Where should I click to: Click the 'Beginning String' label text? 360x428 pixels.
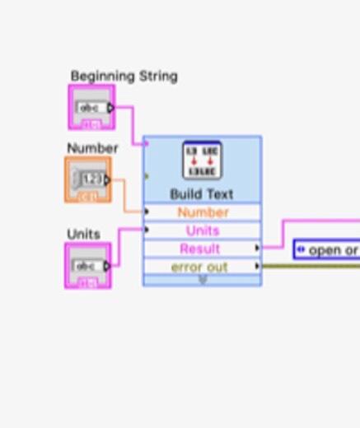124,76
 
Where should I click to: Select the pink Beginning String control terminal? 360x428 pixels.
91,108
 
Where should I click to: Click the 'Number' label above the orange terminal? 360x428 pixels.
92,148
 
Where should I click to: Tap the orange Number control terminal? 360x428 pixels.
87,179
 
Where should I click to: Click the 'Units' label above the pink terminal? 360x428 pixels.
83,234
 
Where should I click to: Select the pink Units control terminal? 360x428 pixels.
87,266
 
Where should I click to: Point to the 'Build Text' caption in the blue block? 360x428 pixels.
202,194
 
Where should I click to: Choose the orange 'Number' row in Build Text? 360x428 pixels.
203,212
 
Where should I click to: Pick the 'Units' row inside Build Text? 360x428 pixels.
203,230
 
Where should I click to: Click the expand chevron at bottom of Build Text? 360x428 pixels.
203,280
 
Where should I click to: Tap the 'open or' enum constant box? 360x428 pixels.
327,249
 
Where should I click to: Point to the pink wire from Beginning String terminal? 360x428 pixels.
132,123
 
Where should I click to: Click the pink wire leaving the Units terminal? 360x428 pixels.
120,246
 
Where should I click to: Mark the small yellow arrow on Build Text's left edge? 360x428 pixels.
147,175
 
